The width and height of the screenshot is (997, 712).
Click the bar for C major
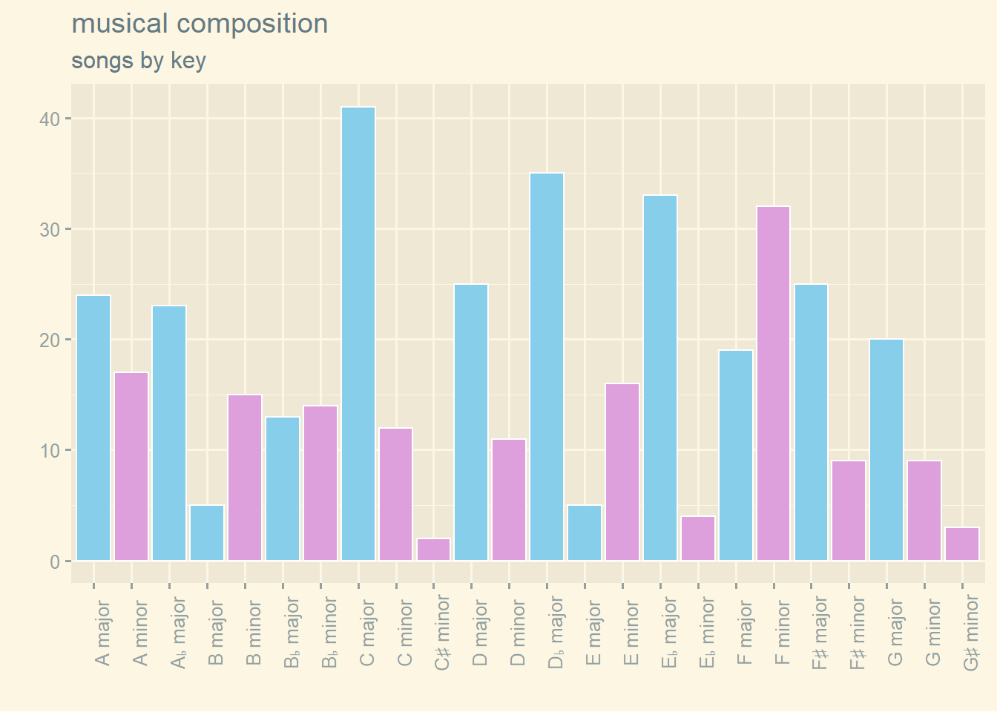(358, 334)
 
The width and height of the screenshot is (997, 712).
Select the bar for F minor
(773, 383)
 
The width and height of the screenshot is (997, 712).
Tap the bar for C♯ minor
(433, 550)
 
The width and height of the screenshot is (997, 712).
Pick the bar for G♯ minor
(962, 544)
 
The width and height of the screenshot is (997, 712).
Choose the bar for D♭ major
(547, 367)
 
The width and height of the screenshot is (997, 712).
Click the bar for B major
(207, 533)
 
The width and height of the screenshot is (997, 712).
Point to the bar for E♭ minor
(698, 538)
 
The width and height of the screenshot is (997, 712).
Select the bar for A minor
(131, 467)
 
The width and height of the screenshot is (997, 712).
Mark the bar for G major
(886, 450)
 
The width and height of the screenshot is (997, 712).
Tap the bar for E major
(585, 533)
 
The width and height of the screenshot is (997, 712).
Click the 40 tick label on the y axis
(50, 119)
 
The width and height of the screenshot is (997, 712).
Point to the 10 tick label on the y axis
(50, 451)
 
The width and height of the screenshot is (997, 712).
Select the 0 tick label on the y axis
(55, 561)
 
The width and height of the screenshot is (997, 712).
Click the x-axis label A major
(103, 633)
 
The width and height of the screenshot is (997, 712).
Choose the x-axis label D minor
(519, 633)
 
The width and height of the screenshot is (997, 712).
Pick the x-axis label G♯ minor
(972, 634)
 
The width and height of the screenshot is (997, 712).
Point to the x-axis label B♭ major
(292, 633)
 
